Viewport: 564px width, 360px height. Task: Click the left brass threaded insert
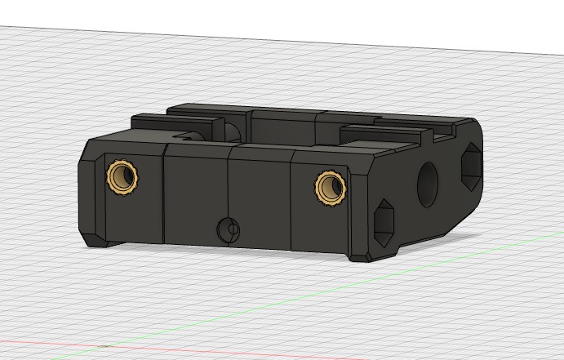pyautogui.click(x=122, y=176)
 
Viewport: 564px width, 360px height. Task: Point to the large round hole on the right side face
pyautogui.click(x=429, y=184)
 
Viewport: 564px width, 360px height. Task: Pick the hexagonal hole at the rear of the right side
pyautogui.click(x=472, y=167)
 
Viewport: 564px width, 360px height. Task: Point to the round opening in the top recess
pyautogui.click(x=232, y=131)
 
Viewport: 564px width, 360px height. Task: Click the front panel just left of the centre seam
pyautogui.click(x=196, y=196)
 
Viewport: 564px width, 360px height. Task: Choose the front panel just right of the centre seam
pyautogui.click(x=260, y=200)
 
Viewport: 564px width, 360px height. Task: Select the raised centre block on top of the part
pyautogui.click(x=282, y=127)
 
